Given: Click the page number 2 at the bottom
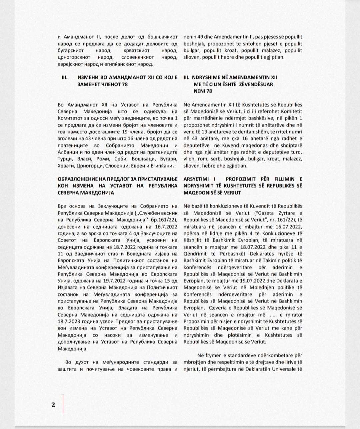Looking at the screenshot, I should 53,405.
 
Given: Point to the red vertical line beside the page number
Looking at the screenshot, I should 63,404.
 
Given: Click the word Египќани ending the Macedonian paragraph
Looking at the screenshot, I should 162,166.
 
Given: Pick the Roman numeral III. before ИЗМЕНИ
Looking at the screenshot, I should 64,77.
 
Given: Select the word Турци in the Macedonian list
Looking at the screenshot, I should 64,159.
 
